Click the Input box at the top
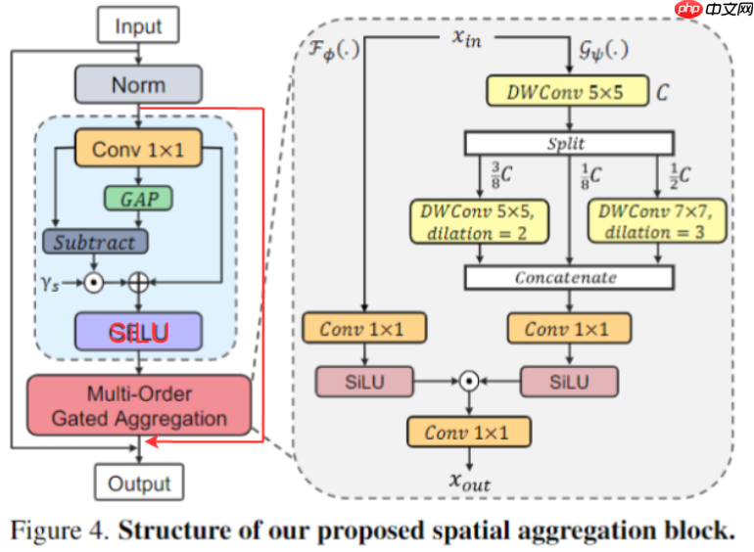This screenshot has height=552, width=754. point(138,25)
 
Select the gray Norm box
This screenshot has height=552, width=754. point(138,85)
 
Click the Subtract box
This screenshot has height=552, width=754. point(94,241)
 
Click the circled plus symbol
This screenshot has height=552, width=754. point(138,282)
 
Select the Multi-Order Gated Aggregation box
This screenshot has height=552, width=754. point(139,406)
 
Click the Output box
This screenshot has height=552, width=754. point(138,483)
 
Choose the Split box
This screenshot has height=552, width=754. point(569,144)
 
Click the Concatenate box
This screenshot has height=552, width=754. point(569,278)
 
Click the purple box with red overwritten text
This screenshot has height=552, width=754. point(138,333)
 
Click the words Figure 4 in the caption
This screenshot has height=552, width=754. point(58,531)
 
